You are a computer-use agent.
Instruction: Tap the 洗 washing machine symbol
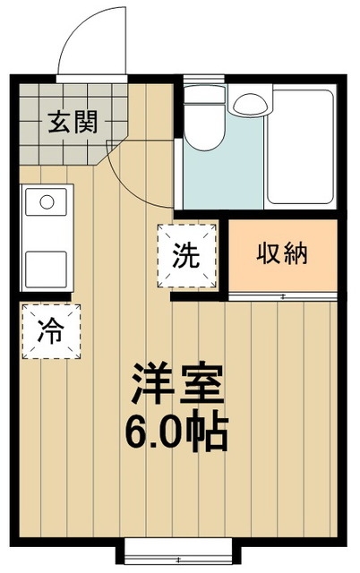187,255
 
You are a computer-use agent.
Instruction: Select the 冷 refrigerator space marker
51,332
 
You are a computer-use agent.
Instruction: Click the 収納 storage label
283,253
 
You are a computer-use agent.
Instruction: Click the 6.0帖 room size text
178,434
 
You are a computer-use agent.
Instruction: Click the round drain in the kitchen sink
45,201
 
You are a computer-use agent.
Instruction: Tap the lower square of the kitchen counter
45,266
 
